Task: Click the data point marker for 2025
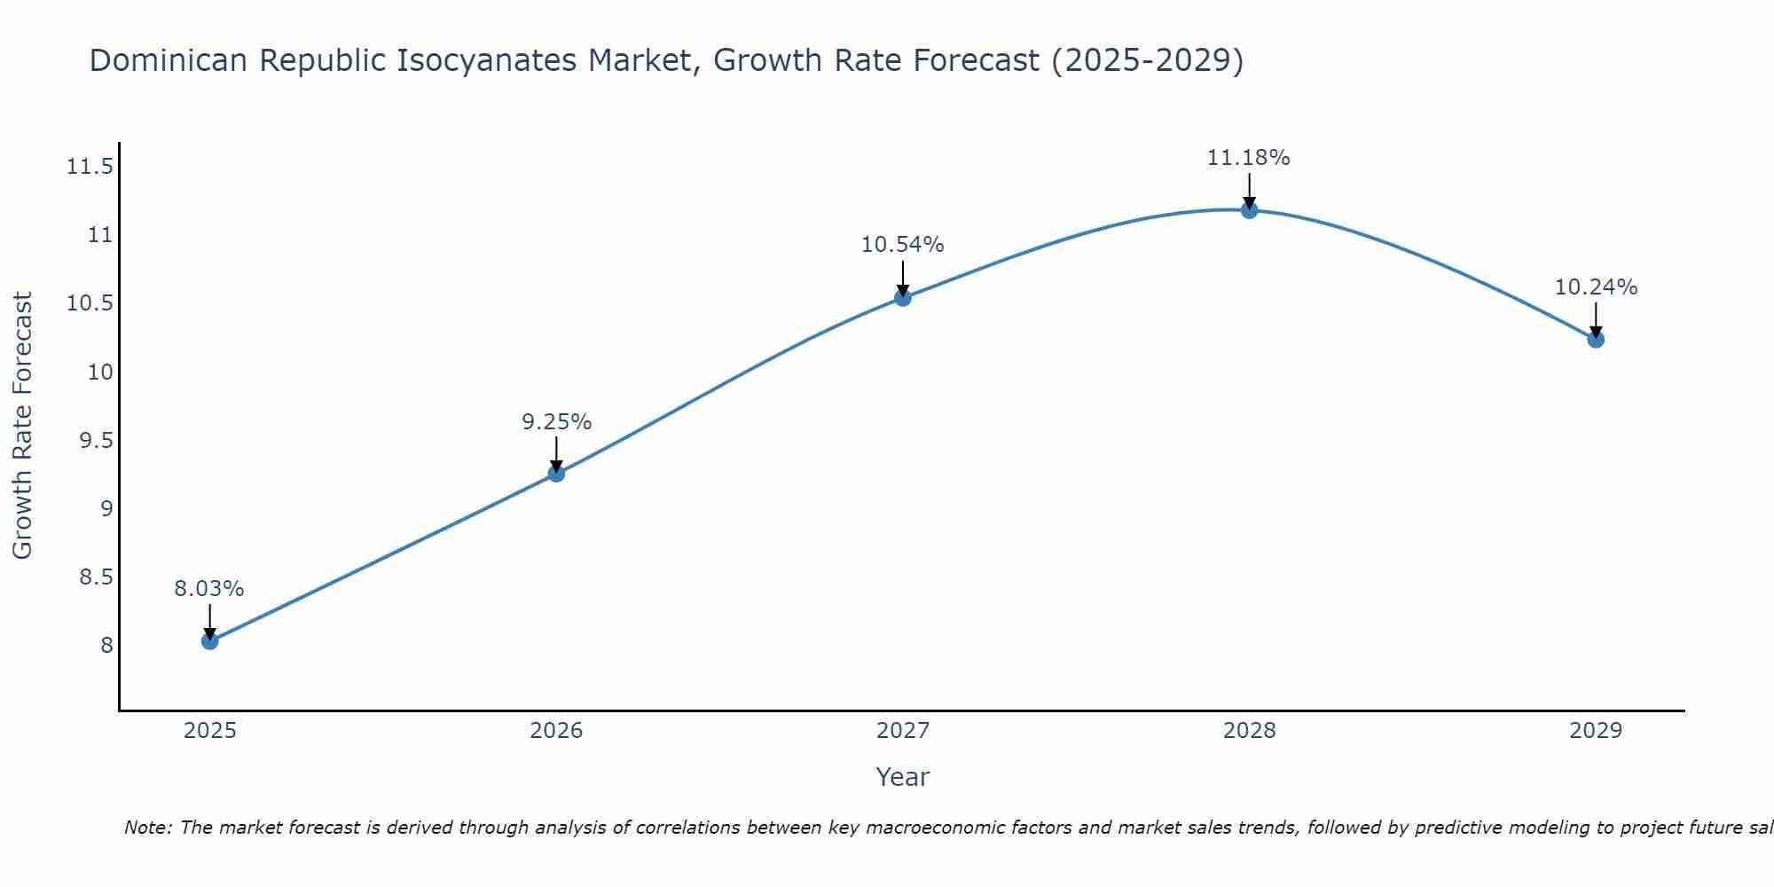[209, 640]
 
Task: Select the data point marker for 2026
[556, 474]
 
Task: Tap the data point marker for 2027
[903, 297]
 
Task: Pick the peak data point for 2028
[1249, 210]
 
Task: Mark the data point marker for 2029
[1596, 339]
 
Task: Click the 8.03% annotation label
[208, 589]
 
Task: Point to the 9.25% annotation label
[556, 422]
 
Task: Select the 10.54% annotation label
[902, 245]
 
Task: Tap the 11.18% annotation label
[1248, 158]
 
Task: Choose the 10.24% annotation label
[1596, 287]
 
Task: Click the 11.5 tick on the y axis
[90, 167]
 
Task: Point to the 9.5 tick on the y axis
[97, 441]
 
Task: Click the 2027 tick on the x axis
[903, 731]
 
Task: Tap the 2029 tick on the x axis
[1596, 731]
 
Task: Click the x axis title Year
[902, 777]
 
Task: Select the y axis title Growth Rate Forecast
[23, 426]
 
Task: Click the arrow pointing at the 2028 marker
[1249, 191]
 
